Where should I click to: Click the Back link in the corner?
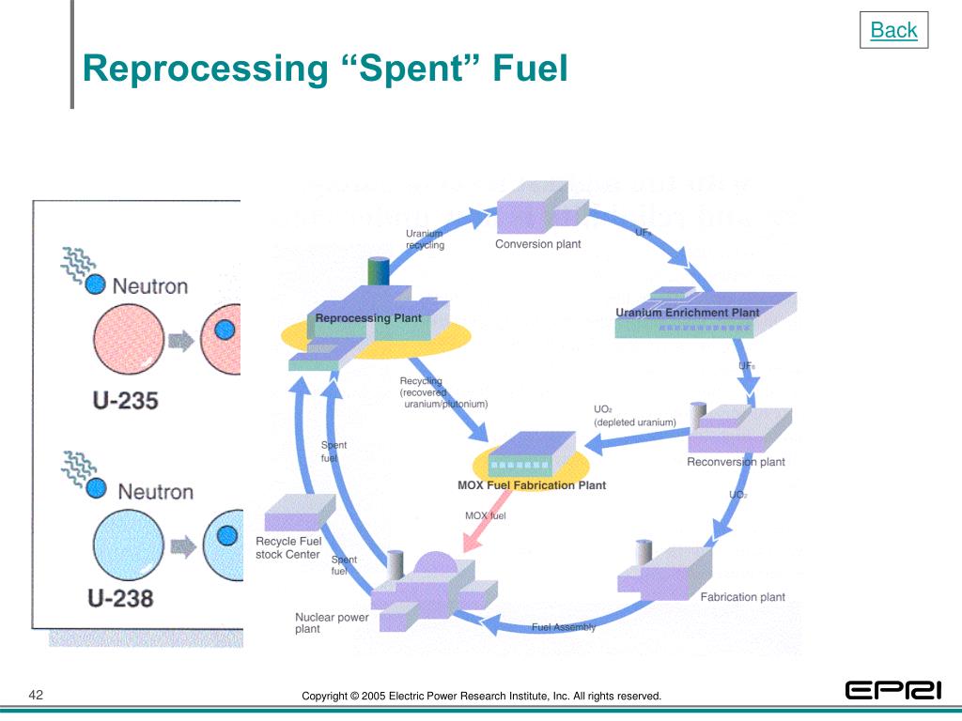click(893, 30)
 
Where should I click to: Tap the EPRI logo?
click(892, 691)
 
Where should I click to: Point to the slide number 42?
click(37, 695)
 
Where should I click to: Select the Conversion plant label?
click(537, 244)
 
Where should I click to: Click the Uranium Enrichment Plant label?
click(688, 313)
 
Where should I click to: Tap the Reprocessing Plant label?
click(368, 318)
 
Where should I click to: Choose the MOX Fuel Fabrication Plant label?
click(532, 485)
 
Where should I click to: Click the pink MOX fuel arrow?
click(483, 534)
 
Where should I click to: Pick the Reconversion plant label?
click(736, 462)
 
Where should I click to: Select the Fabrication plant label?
click(742, 597)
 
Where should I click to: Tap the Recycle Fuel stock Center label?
click(288, 547)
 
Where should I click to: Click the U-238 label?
click(121, 597)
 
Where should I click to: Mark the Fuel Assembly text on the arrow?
click(563, 627)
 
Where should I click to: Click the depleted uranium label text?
click(634, 422)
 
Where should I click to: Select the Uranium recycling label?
click(425, 239)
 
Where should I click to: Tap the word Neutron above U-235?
click(149, 285)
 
